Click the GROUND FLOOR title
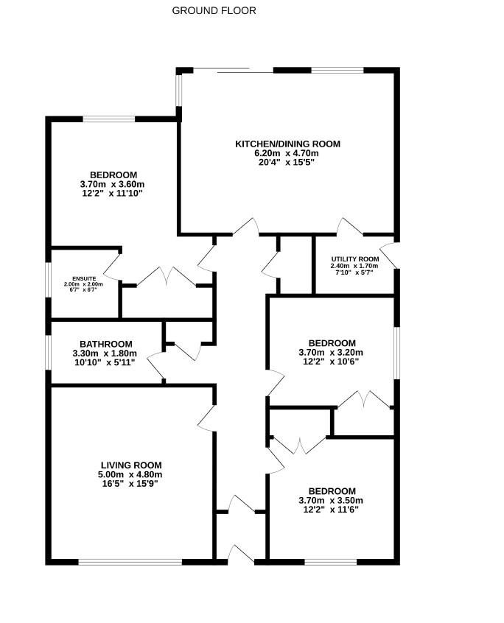214,11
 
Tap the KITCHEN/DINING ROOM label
288,144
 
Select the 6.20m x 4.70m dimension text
287,153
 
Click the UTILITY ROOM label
355,259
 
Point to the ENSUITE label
84,278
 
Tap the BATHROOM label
105,344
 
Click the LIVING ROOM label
131,465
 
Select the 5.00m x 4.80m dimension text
130,474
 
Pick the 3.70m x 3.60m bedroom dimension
112,184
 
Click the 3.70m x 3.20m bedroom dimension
331,353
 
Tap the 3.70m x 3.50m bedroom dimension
331,501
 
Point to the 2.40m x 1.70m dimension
354,266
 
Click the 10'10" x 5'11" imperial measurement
105,362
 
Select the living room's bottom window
130,562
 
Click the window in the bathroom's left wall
48,353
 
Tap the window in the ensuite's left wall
48,279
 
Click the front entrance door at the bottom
241,555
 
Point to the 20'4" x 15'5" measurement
287,162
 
